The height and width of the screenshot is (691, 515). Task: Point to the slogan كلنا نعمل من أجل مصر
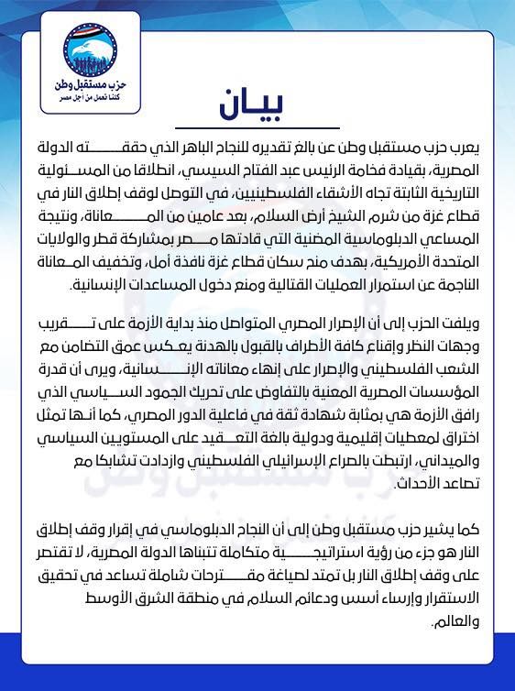tap(89, 94)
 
